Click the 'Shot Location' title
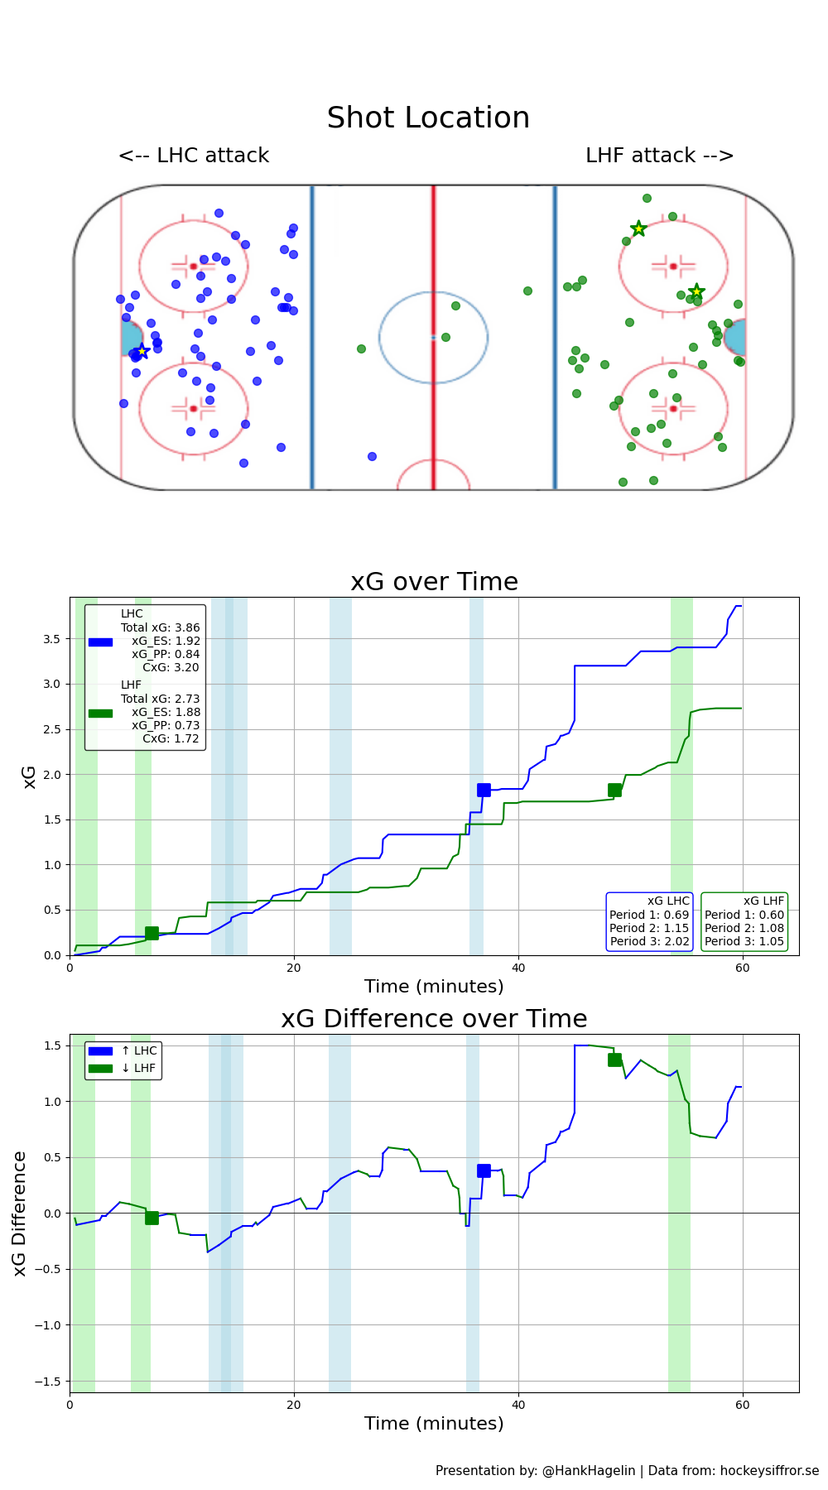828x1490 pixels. click(x=428, y=118)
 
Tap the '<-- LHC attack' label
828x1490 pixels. click(x=194, y=156)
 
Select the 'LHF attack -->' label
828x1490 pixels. click(x=659, y=156)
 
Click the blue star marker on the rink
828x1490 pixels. click(x=142, y=351)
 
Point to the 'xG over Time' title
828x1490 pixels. click(x=434, y=582)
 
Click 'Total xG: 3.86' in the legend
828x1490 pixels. click(x=161, y=627)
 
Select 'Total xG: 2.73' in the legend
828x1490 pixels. click(x=161, y=699)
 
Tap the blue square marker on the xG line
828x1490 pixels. click(x=484, y=790)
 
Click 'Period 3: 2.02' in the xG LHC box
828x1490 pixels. click(x=649, y=941)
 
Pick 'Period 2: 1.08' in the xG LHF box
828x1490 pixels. click(x=744, y=928)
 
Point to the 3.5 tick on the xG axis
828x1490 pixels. click(x=51, y=639)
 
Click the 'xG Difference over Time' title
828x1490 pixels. click(x=434, y=1019)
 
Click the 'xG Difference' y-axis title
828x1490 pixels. click(x=20, y=1213)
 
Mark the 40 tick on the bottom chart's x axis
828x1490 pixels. click(x=518, y=1405)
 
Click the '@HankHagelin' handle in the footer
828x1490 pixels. click(x=589, y=1470)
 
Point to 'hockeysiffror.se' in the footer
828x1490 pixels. click(x=769, y=1470)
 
